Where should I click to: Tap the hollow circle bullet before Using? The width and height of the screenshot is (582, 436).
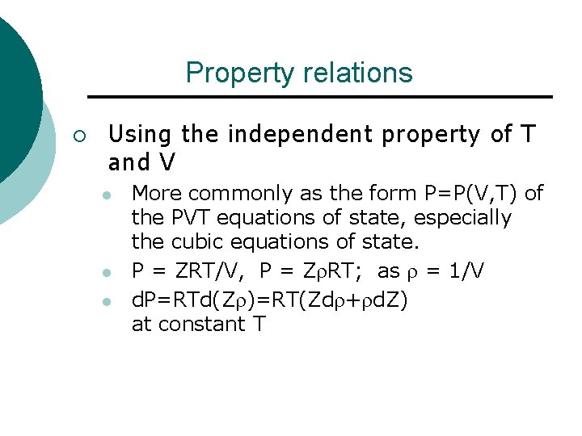78,134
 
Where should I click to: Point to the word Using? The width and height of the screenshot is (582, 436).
141,133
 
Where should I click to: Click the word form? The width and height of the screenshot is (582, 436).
386,193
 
